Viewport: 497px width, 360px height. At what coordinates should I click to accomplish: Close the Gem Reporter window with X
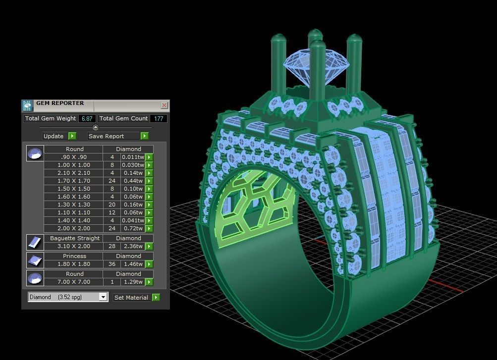[165, 105]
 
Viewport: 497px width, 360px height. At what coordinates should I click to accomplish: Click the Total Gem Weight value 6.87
[87, 119]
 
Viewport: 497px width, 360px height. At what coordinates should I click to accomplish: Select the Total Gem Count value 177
[159, 119]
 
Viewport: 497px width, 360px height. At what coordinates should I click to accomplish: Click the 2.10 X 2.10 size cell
[73, 173]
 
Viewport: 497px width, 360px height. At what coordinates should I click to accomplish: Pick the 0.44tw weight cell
[132, 181]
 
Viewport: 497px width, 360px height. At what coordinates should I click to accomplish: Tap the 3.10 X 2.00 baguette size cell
[73, 246]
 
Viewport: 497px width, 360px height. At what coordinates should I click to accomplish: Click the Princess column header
[74, 256]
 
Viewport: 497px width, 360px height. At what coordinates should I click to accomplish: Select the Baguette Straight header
[74, 238]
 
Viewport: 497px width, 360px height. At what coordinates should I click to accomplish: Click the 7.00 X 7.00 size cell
[73, 282]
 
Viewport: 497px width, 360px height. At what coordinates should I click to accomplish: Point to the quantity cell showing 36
[112, 264]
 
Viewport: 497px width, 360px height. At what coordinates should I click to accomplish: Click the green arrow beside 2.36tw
[149, 247]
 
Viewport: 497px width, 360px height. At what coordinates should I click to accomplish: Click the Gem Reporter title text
[60, 103]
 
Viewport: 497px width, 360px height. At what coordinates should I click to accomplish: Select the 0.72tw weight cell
[132, 228]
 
